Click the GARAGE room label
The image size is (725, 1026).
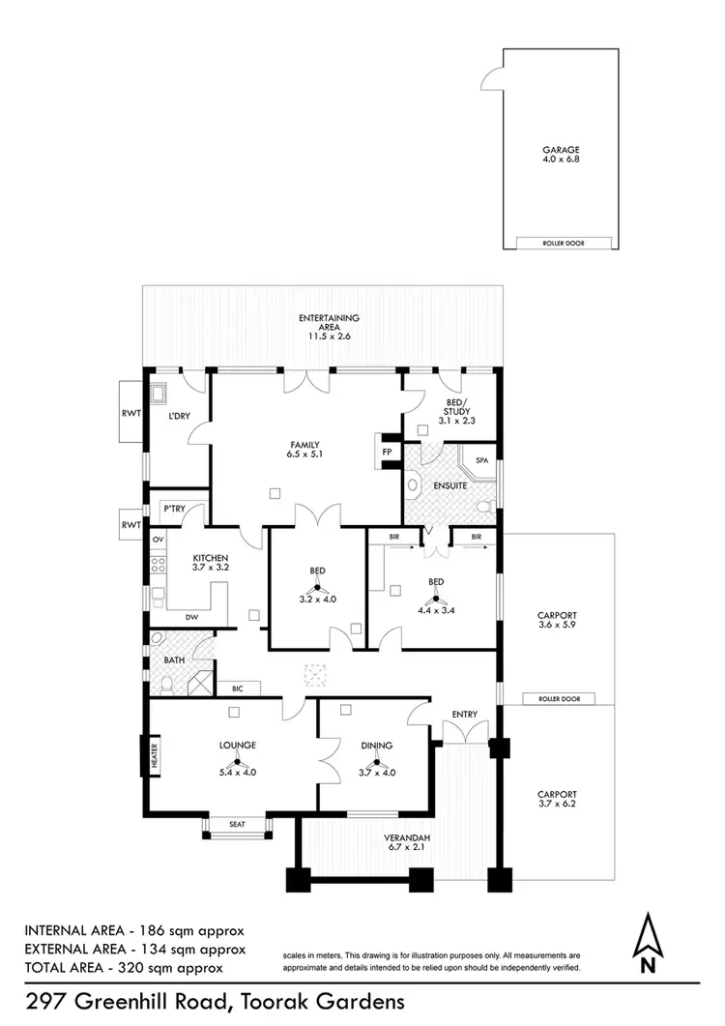click(561, 150)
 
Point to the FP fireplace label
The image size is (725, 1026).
click(387, 452)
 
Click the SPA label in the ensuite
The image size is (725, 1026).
click(482, 460)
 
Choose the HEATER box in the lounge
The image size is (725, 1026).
click(153, 756)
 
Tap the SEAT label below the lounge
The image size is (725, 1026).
click(238, 824)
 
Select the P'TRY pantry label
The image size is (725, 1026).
click(174, 508)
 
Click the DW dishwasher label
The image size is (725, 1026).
click(191, 616)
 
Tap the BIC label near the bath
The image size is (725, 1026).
click(237, 689)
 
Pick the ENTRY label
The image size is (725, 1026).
click(465, 715)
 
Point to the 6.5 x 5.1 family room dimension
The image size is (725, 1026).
click(303, 454)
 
